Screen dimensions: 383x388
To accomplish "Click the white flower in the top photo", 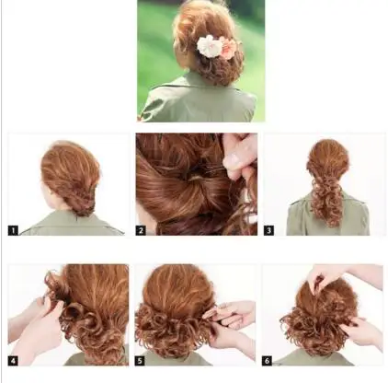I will point(211,45).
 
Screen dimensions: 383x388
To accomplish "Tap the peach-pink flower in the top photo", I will point(228,49).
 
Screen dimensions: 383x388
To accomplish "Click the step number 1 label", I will point(14,229).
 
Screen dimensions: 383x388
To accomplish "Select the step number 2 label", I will point(142,229).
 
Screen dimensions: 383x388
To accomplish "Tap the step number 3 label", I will point(269,229).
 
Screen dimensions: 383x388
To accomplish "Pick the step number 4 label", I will point(14,359).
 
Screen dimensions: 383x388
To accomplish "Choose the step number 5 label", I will point(142,359).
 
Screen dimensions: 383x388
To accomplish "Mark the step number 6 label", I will point(269,359).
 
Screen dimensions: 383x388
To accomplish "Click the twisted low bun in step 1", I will point(81,197).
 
